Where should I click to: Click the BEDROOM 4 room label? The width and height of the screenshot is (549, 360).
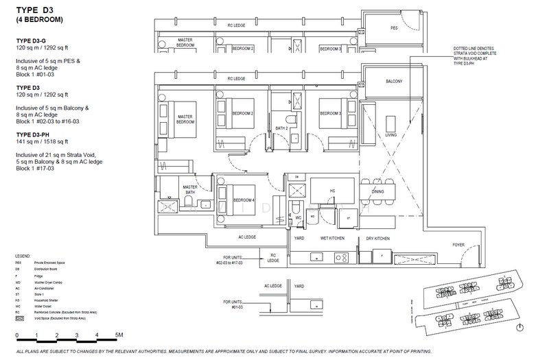[244, 200]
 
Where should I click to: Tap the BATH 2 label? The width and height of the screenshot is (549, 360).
[282, 128]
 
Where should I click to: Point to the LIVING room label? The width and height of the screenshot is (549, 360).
[390, 135]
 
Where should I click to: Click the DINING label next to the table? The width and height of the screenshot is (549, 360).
[378, 192]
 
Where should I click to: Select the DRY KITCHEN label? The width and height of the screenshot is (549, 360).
[377, 239]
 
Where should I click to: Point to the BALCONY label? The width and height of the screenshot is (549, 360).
[393, 82]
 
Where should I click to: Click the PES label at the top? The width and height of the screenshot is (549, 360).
[394, 29]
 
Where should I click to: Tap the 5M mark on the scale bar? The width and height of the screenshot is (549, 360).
[120, 335]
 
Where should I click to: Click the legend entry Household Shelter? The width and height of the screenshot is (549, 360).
[57, 299]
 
